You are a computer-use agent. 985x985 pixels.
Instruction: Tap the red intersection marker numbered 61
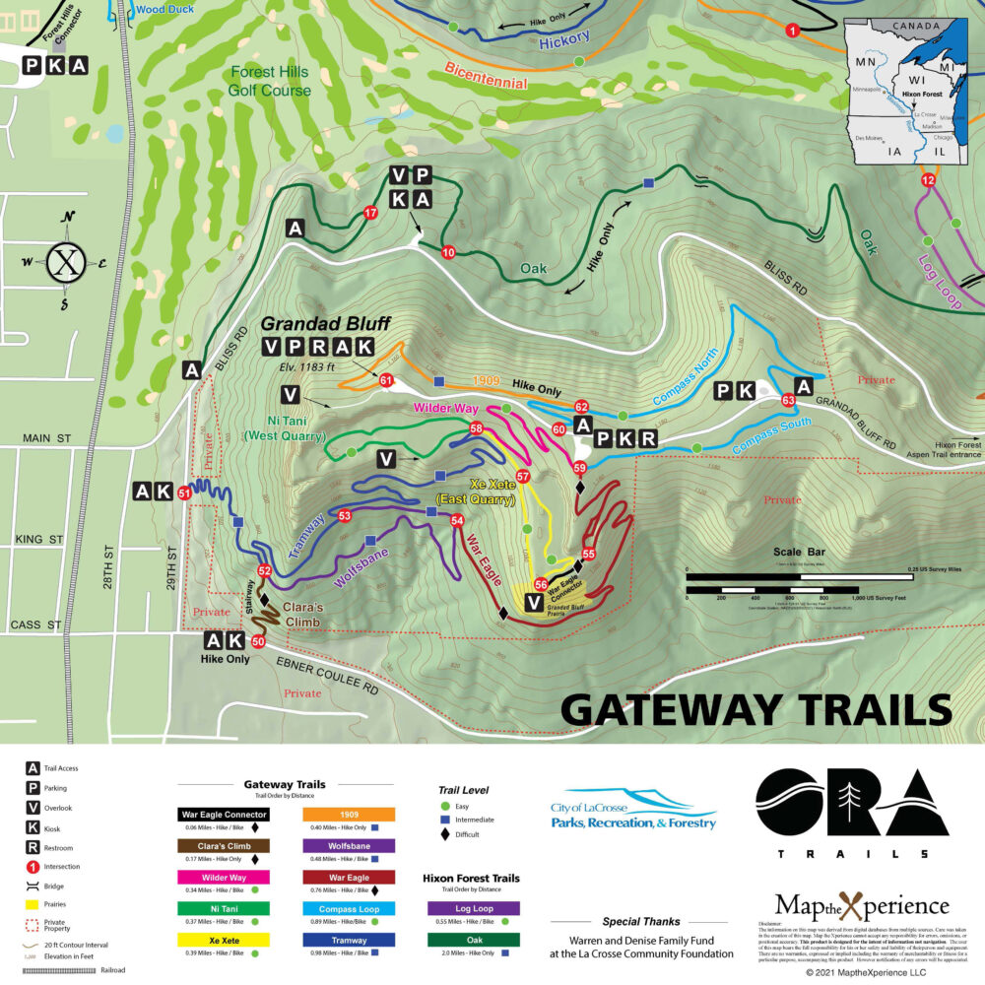386,380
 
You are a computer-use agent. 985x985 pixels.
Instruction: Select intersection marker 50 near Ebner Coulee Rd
258,641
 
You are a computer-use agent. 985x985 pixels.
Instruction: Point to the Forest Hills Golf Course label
270,81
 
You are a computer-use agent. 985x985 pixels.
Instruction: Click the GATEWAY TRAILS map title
756,708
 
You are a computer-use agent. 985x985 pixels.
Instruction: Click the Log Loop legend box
475,909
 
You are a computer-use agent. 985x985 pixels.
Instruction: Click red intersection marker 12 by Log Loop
927,180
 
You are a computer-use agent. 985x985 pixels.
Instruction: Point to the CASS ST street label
36,624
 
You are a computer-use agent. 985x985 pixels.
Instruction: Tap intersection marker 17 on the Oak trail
371,213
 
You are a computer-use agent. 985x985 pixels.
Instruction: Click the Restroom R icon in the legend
33,845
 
